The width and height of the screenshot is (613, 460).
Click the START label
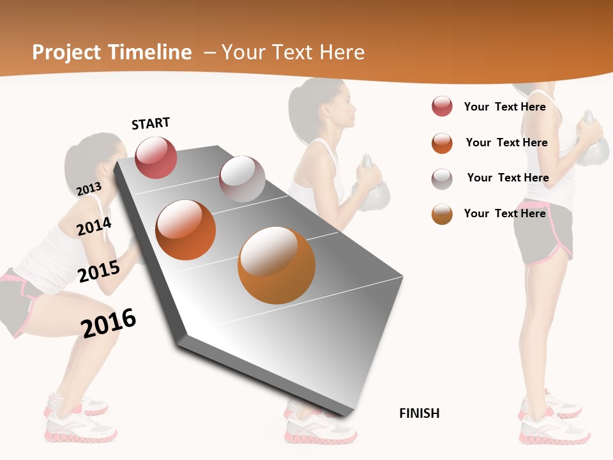point(151,123)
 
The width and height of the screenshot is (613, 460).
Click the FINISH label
point(419,413)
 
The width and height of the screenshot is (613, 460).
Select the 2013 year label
point(89,188)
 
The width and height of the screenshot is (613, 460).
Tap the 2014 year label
point(94,226)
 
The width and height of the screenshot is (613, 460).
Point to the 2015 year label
point(99,271)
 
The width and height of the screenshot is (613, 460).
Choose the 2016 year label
point(109,322)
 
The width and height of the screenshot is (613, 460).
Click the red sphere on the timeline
point(156,157)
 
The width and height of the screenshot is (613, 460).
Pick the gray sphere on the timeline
point(242,178)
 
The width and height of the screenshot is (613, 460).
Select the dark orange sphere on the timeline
point(186,229)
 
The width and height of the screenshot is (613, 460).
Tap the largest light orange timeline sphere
point(276,265)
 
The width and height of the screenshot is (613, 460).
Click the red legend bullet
point(442,107)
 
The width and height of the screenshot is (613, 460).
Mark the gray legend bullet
point(442,178)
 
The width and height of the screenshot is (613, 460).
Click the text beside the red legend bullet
point(504,107)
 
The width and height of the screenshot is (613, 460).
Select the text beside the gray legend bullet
point(508,178)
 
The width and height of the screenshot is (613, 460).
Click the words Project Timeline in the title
point(112,52)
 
